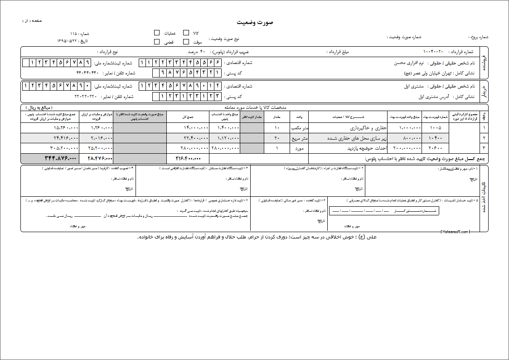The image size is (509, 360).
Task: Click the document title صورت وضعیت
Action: tap(255, 23)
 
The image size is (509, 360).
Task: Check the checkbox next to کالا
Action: tap(186, 33)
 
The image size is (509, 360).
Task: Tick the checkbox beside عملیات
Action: tap(157, 33)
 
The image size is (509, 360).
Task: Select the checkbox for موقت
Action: tap(186, 42)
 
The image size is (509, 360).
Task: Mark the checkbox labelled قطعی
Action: tap(157, 42)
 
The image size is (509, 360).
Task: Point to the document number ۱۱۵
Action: tap(73, 34)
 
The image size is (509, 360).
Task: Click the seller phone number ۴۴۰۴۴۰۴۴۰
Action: tap(87, 73)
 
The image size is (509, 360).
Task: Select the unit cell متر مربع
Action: tap(299, 138)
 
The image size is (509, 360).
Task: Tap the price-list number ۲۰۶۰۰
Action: tap(435, 148)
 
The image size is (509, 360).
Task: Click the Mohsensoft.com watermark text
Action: tap(455, 231)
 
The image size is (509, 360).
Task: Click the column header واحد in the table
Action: tap(299, 117)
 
